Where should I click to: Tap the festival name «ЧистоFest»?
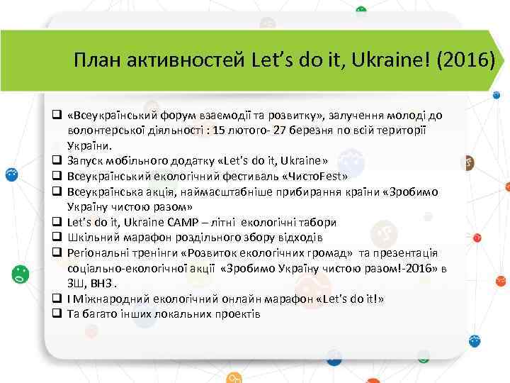pyautogui.click(x=313, y=177)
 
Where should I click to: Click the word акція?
pyautogui.click(x=163, y=191)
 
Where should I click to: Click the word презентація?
pyautogui.click(x=404, y=253)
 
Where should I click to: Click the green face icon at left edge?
pyautogui.click(x=22, y=274)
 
